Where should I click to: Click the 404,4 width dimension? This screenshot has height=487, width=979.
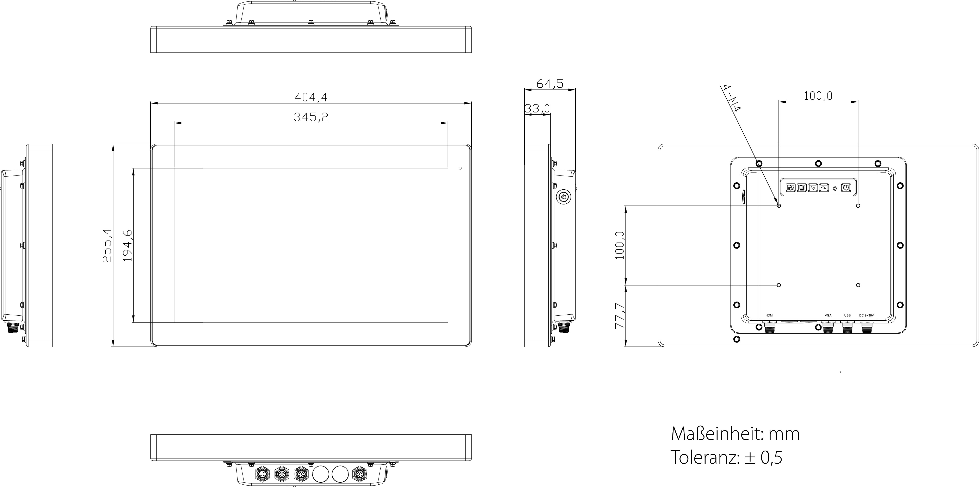coord(311,98)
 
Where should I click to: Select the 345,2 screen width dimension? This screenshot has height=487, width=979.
coord(311,117)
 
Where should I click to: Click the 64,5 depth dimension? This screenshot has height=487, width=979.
coord(549,84)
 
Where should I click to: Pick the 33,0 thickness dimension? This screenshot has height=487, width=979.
coord(537,109)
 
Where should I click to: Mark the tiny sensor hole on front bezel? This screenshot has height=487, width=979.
coord(460,168)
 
